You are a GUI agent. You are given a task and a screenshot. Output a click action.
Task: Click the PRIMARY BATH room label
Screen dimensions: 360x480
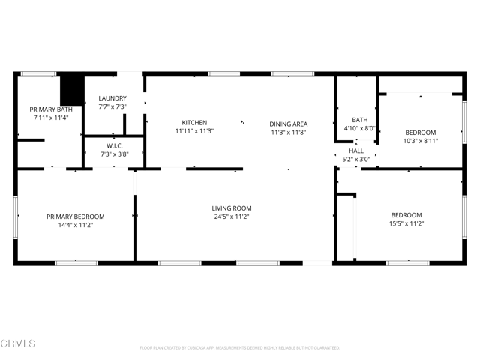(x=50, y=109)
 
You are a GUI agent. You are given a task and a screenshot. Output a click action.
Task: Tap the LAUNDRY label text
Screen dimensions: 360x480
(x=112, y=98)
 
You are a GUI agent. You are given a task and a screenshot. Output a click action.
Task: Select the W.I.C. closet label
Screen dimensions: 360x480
(x=114, y=146)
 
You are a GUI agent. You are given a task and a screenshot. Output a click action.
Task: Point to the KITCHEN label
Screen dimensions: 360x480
(x=194, y=123)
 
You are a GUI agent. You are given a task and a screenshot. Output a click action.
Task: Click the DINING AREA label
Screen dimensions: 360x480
(x=289, y=123)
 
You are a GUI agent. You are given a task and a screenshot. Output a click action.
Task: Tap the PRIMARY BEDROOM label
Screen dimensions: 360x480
(x=75, y=217)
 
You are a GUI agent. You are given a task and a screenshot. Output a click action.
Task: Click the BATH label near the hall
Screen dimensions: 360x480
(x=359, y=119)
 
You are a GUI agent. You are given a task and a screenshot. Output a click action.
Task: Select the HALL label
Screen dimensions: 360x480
(x=355, y=151)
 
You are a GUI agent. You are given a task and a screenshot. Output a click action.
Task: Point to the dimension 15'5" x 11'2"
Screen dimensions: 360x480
(x=406, y=223)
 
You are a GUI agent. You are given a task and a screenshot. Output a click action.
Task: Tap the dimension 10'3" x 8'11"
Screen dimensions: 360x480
(x=420, y=140)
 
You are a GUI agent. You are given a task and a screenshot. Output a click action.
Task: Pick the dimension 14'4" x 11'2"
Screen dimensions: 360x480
(x=75, y=224)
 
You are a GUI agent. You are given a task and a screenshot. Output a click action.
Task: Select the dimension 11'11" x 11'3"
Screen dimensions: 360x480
(x=194, y=131)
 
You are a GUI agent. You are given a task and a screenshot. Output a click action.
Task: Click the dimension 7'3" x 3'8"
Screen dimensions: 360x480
(x=114, y=154)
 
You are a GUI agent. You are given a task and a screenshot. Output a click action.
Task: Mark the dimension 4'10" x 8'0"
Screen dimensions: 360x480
(x=359, y=128)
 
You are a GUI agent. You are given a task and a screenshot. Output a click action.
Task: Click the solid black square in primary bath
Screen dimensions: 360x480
(x=71, y=89)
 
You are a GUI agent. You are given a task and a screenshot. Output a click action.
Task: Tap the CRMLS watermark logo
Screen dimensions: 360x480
(x=19, y=344)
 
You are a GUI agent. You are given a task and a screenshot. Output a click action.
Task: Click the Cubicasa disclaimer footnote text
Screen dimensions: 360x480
(x=240, y=348)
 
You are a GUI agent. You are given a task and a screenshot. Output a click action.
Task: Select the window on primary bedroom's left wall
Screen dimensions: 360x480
(x=16, y=217)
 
